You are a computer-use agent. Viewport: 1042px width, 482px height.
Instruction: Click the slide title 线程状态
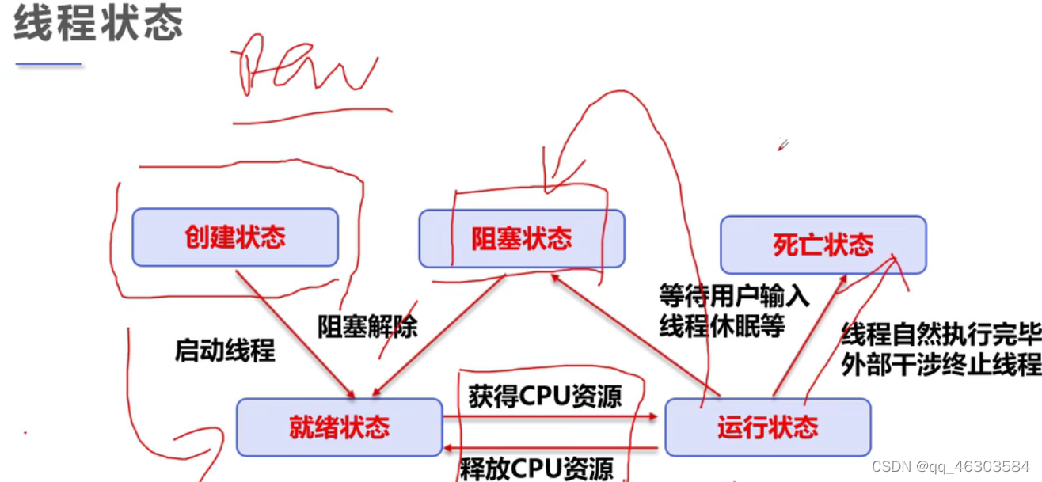pos(98,25)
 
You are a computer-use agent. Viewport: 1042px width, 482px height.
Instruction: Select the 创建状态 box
pos(235,237)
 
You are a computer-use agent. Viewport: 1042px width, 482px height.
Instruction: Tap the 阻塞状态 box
pos(522,238)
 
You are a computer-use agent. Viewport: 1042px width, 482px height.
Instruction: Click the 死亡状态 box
pos(823,245)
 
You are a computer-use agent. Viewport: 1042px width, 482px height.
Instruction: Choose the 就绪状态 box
pos(339,427)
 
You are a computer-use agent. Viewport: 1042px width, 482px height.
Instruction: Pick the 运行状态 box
pos(767,427)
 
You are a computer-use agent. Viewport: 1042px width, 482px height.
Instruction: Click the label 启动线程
pos(225,350)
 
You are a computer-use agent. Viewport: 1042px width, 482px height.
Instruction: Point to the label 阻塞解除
pos(367,326)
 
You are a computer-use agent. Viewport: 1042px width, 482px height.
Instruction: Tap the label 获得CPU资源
pos(545,397)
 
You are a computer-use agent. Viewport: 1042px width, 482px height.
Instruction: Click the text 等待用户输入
pos(734,296)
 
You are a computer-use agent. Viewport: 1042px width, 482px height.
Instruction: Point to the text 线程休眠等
pos(721,325)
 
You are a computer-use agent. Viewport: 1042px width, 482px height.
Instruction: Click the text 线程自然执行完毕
pos(940,335)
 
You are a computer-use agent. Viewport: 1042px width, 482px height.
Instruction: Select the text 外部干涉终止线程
pos(940,365)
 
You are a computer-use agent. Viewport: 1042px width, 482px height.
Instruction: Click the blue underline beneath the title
pos(48,64)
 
